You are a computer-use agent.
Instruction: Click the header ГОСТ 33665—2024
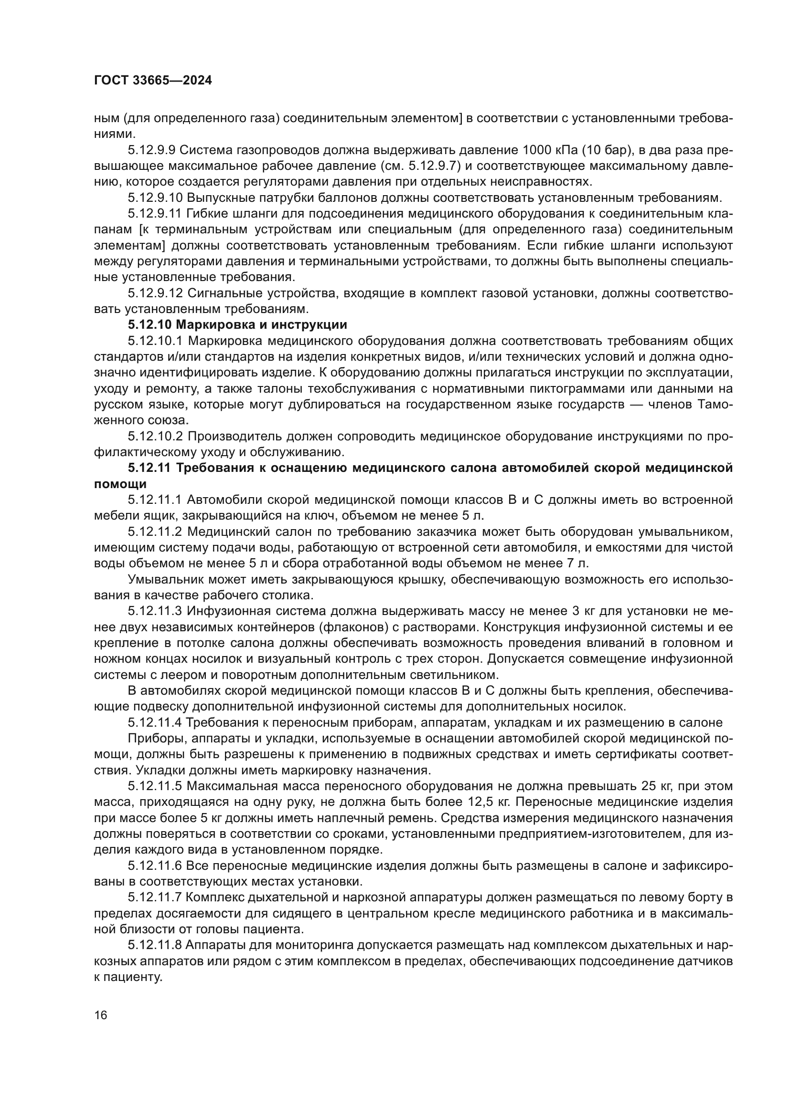coord(153,81)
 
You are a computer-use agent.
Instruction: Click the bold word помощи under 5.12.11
coord(120,484)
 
